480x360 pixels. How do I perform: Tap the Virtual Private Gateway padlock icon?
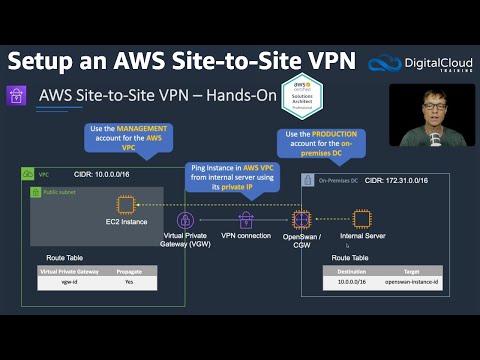pyautogui.click(x=184, y=220)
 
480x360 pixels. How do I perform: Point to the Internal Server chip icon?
pyautogui.click(x=361, y=219)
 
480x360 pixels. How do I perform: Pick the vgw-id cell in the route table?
pyautogui.click(x=56, y=283)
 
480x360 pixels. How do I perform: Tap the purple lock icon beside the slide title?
pyautogui.click(x=17, y=96)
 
